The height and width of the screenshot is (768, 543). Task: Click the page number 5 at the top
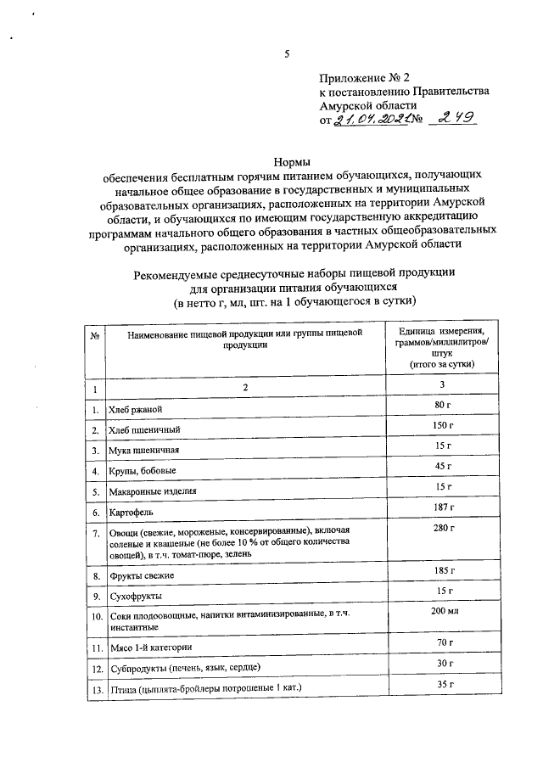[288, 53]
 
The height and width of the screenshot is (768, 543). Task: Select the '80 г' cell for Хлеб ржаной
[439, 405]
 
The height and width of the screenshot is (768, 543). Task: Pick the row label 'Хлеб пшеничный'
[143, 431]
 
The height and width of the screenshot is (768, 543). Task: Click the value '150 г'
[439, 425]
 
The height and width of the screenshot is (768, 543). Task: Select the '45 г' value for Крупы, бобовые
[439, 466]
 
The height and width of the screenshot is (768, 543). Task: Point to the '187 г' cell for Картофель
[439, 507]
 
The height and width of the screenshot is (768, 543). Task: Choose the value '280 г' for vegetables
[439, 529]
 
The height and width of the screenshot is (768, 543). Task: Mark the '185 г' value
[439, 569]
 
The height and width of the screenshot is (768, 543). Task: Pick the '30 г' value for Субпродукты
[439, 662]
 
